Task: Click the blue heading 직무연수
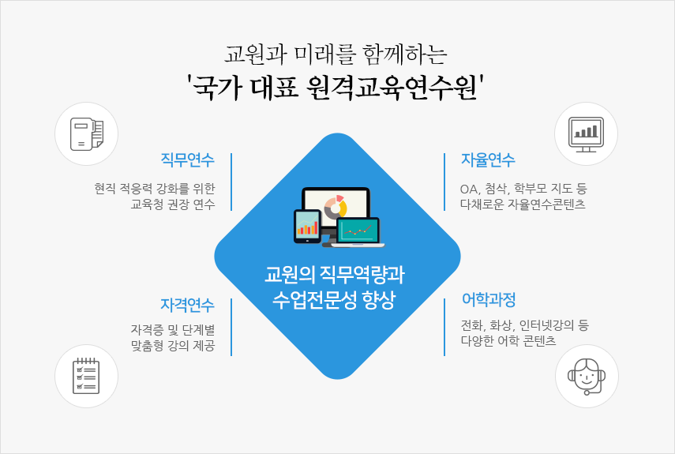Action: pos(187,159)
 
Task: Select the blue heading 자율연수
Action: pos(488,159)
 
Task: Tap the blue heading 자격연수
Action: pos(187,305)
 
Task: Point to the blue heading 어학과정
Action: pos(488,299)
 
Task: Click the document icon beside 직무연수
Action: pos(87,134)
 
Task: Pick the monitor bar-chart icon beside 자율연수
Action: pos(586,134)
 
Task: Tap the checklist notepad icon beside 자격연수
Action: pos(86,376)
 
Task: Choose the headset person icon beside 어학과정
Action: pos(587,377)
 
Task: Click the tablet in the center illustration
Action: pos(307,227)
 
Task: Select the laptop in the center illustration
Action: pos(358,232)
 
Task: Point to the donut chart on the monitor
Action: pos(336,207)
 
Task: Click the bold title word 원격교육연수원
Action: pos(392,88)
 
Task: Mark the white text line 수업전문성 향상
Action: pos(334,299)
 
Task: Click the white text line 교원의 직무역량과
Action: pos(335,275)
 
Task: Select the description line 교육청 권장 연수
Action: pos(173,204)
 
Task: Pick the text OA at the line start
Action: pos(469,189)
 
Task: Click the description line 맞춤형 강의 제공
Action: pos(173,346)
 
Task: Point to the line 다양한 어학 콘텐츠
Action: pos(508,340)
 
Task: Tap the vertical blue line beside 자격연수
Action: pos(231,327)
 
